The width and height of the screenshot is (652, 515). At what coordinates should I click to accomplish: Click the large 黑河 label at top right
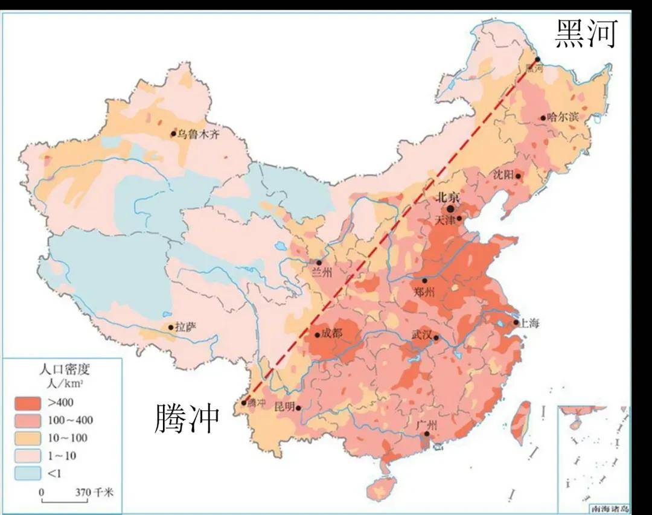click(586, 34)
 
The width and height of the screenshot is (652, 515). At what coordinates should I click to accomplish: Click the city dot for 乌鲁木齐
click(173, 134)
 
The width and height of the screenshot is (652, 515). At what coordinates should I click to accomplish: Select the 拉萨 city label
click(186, 328)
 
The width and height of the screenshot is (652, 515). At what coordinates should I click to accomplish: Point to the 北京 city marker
click(450, 208)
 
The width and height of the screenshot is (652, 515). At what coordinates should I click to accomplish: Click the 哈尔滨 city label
click(563, 117)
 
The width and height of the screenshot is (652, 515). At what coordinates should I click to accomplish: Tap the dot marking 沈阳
click(518, 176)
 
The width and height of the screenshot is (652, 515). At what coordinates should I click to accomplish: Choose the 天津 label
click(447, 221)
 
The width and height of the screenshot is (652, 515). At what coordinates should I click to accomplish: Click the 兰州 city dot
click(319, 263)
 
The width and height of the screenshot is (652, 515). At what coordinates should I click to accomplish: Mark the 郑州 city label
click(424, 293)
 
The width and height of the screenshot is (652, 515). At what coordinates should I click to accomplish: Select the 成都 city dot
click(317, 335)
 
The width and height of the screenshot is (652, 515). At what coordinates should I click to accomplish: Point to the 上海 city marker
click(516, 322)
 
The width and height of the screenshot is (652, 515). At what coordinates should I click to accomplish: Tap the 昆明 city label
click(284, 406)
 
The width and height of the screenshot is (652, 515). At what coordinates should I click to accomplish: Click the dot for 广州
click(427, 433)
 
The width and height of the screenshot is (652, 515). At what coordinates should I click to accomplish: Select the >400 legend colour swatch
click(28, 403)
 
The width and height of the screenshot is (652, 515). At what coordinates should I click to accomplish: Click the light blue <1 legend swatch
click(28, 473)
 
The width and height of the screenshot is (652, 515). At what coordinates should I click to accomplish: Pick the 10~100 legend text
click(68, 438)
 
